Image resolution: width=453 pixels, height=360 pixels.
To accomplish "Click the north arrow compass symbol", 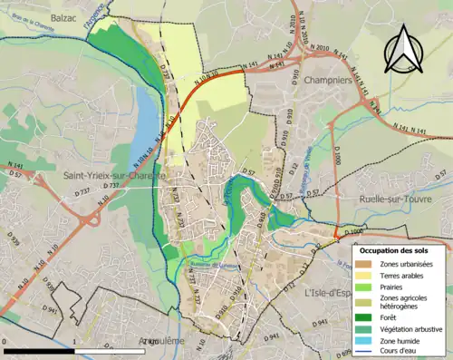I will pos(402,49).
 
